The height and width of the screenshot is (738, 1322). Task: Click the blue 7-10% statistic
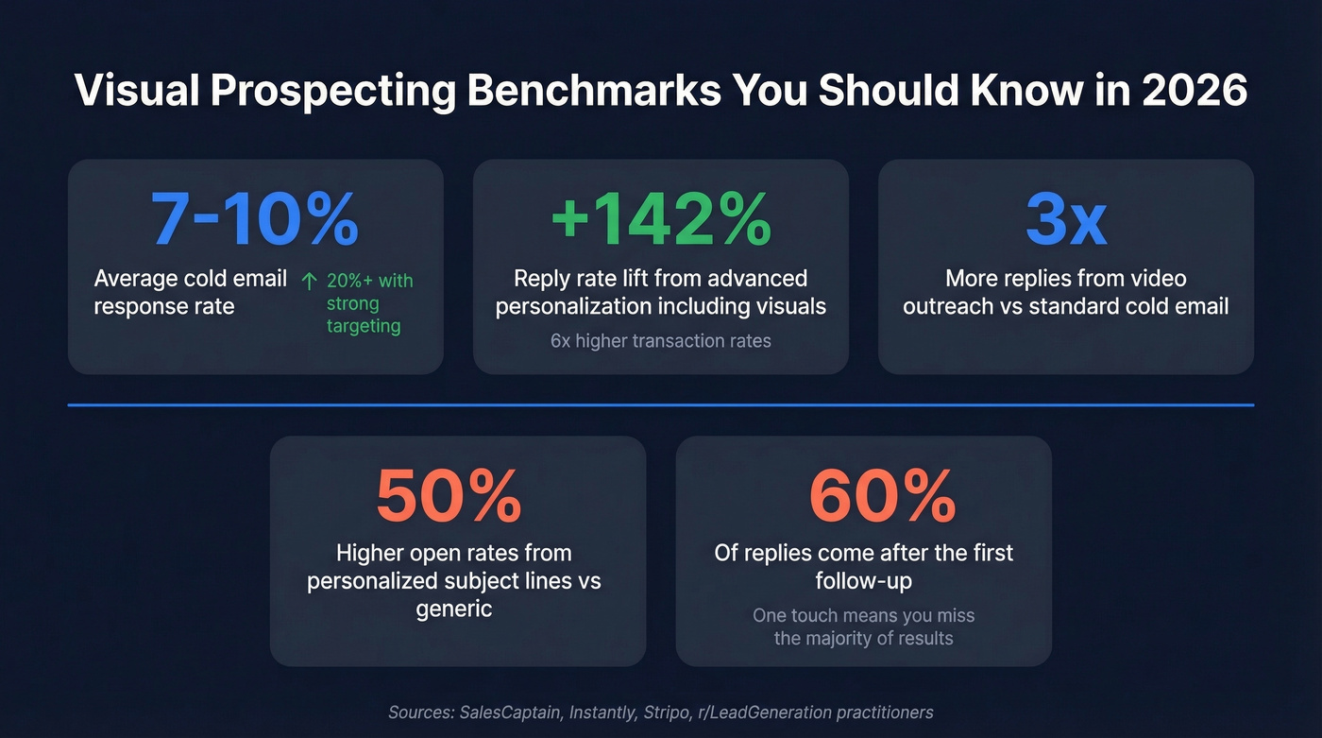coord(255,221)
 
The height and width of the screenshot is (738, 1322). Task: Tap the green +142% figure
coord(660,221)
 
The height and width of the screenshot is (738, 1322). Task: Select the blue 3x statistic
coord(1066,221)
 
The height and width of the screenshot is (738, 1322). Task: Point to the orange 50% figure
coord(449,497)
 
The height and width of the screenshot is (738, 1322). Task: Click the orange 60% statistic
coord(882,497)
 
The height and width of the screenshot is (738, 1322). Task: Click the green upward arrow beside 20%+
coord(308,281)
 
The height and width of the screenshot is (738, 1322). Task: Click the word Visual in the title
coord(137,91)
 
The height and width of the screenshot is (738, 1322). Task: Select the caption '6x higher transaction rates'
coord(660,341)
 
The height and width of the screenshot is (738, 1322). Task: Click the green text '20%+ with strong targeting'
coord(364,303)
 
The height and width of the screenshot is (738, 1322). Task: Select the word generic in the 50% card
coord(454,608)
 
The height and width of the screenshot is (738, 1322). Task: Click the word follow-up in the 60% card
coord(863,580)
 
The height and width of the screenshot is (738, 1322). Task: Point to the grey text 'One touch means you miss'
coord(863,615)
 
